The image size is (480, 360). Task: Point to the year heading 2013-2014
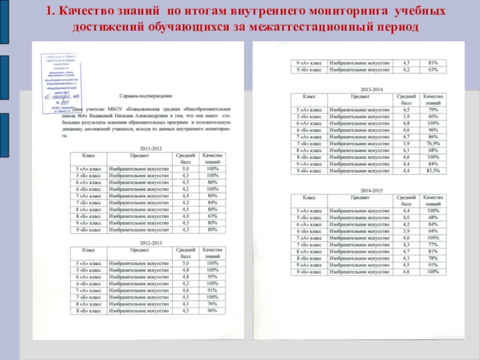pos(368,87)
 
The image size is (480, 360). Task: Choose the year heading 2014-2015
pos(368,190)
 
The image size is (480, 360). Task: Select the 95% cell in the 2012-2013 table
pos(212,277)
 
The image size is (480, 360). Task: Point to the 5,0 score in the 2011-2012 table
pos(185,170)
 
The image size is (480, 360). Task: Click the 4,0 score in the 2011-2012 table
pos(185,216)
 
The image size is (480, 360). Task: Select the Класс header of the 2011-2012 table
pos(88,155)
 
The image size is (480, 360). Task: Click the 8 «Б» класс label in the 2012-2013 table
pos(88,311)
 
